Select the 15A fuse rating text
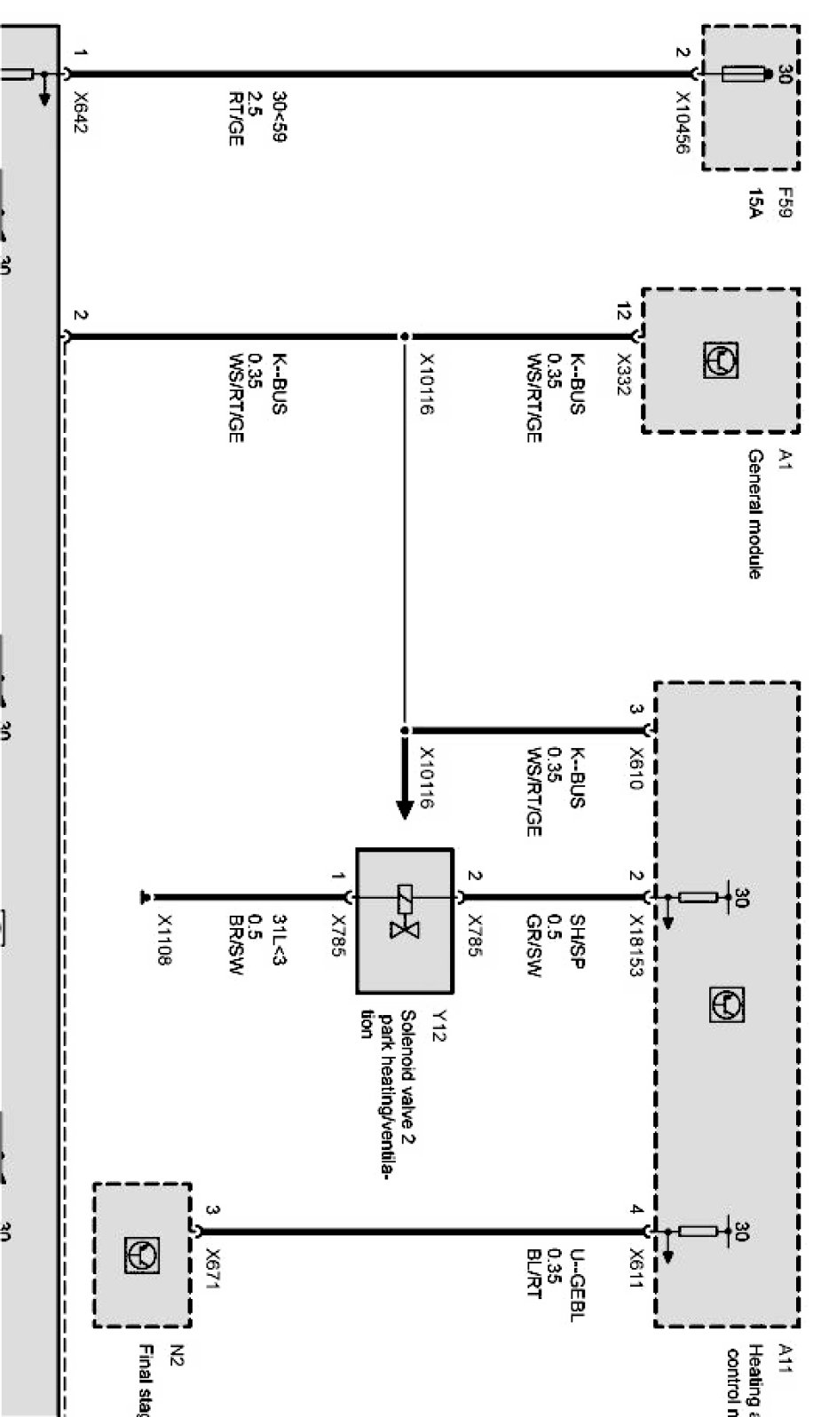pos(754,203)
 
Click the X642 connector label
pos(81,113)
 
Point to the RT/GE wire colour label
pos(235,118)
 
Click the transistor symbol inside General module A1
pos(721,360)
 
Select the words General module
pos(754,514)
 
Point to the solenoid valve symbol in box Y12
pos(405,911)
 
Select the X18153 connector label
pos(635,946)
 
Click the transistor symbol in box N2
pos(142,1255)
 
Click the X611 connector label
pos(635,1269)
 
